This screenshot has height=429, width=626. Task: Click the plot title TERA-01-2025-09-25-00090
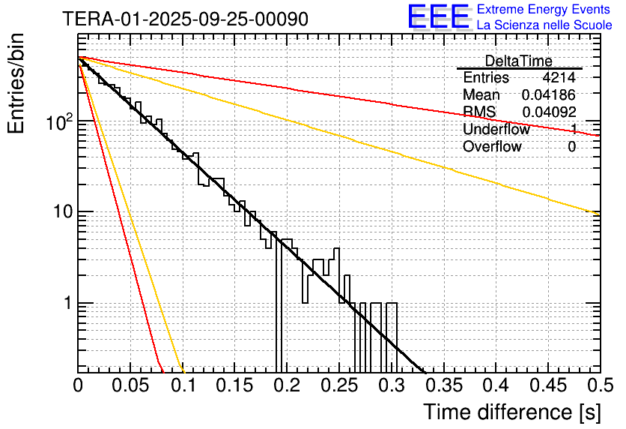click(184, 19)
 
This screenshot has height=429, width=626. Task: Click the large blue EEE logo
click(438, 16)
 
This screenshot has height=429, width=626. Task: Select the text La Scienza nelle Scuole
click(544, 25)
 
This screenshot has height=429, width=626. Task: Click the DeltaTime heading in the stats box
click(518, 61)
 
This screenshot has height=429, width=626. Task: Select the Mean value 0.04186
click(549, 95)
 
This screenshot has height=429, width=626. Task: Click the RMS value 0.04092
click(549, 112)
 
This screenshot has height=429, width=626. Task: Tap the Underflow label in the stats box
click(496, 129)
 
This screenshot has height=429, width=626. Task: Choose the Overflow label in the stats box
click(492, 146)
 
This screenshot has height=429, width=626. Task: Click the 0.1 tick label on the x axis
click(183, 386)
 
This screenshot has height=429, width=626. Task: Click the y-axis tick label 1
click(66, 304)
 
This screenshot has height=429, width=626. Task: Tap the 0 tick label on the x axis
click(78, 386)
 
